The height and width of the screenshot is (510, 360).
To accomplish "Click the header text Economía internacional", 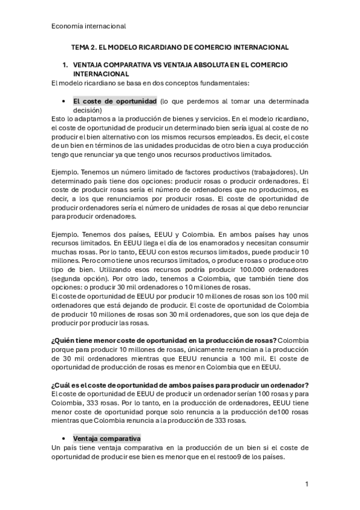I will click(x=88, y=26).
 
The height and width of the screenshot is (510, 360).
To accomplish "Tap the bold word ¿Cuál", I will click(x=63, y=385).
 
